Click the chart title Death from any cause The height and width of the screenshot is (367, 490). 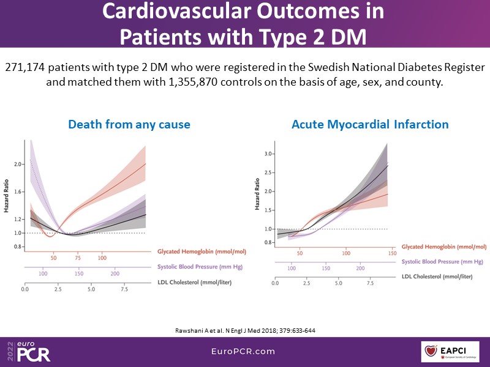coord(129,125)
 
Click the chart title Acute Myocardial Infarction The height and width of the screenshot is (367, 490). coord(370,125)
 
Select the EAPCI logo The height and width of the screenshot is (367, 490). coord(451,352)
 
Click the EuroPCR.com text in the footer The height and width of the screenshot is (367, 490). coord(244,351)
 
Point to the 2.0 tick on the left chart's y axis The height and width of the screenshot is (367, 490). coord(18,164)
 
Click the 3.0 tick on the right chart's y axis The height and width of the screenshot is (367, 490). coord(268,154)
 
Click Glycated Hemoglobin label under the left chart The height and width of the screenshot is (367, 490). coord(194,252)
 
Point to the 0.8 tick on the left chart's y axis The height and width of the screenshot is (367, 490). coord(18,247)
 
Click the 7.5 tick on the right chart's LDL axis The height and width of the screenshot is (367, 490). coord(371,283)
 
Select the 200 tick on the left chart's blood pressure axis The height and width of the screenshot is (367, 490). coord(115,273)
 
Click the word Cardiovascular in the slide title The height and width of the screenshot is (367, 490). coord(178,12)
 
